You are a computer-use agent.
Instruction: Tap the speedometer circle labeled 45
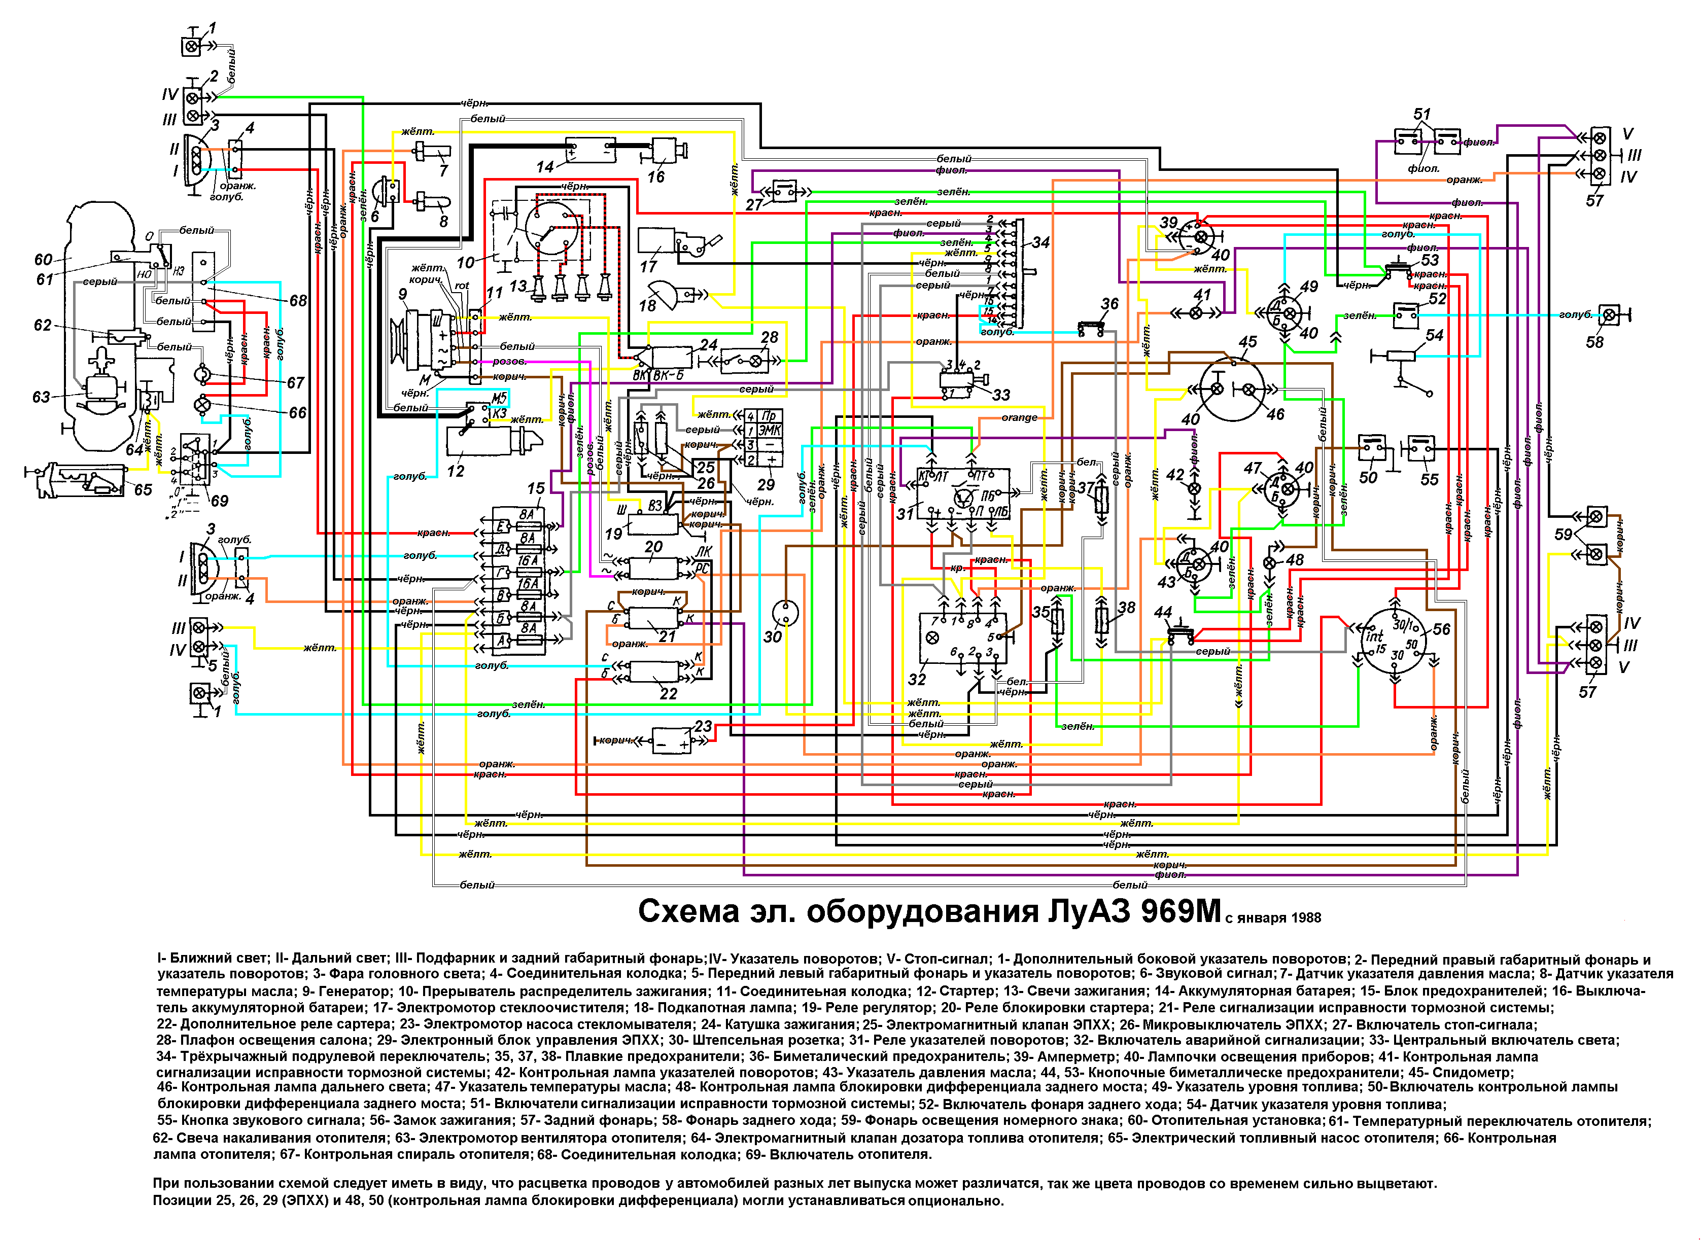1232,389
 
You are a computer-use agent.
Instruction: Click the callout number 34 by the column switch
1040,242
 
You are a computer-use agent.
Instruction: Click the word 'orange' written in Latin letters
1019,418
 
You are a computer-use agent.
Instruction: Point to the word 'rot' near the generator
462,286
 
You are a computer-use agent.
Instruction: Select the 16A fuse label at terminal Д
528,561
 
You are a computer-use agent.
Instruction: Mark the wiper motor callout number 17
648,266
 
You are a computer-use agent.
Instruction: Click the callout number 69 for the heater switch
219,501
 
